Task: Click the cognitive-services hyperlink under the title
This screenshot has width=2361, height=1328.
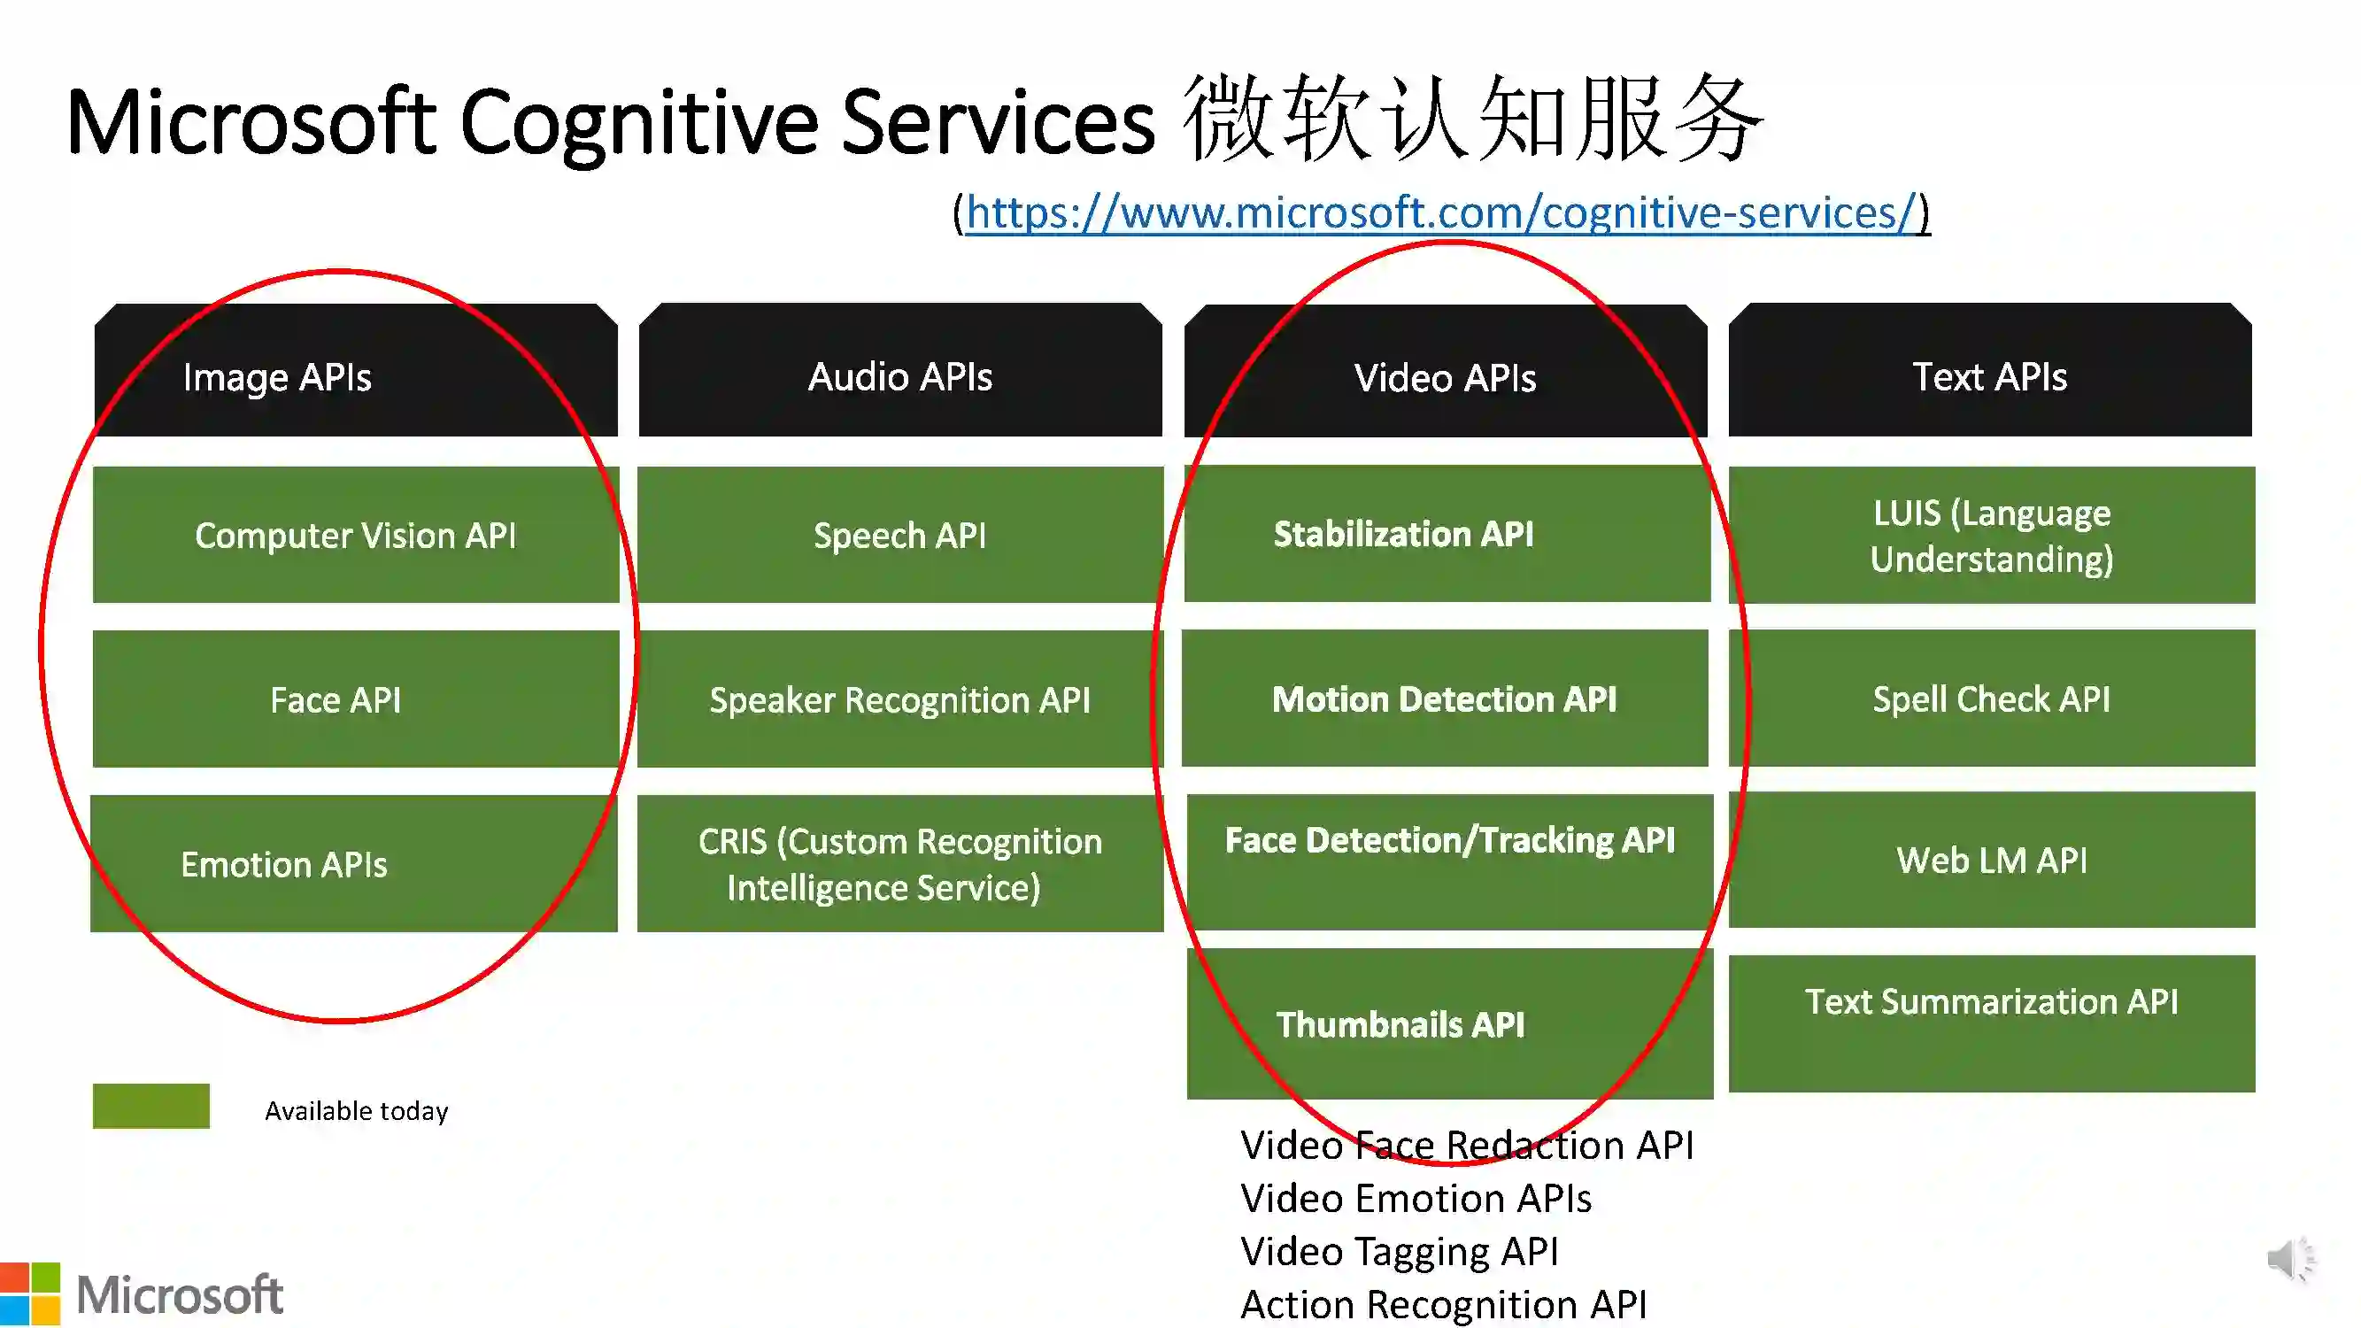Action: point(1441,212)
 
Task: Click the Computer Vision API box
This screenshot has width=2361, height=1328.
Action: point(356,535)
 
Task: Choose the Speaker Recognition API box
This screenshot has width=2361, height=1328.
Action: point(899,699)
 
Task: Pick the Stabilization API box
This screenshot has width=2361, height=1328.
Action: point(1447,533)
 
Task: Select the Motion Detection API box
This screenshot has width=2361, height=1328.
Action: point(1445,699)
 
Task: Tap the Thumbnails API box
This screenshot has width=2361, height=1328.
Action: point(1448,1023)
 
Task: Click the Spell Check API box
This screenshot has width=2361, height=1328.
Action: point(1991,699)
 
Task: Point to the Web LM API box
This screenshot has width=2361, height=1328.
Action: point(1991,860)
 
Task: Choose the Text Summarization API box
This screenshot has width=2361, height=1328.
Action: point(1991,1022)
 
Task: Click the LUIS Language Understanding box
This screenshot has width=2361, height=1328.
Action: point(1991,535)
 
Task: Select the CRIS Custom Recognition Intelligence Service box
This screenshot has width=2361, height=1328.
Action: point(899,863)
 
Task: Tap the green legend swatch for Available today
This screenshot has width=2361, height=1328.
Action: point(151,1105)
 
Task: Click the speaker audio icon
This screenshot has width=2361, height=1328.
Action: point(2289,1259)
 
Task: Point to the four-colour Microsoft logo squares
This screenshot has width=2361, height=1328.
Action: point(29,1293)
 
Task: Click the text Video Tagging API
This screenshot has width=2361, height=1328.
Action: point(1399,1251)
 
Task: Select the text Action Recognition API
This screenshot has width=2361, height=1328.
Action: point(1443,1304)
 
